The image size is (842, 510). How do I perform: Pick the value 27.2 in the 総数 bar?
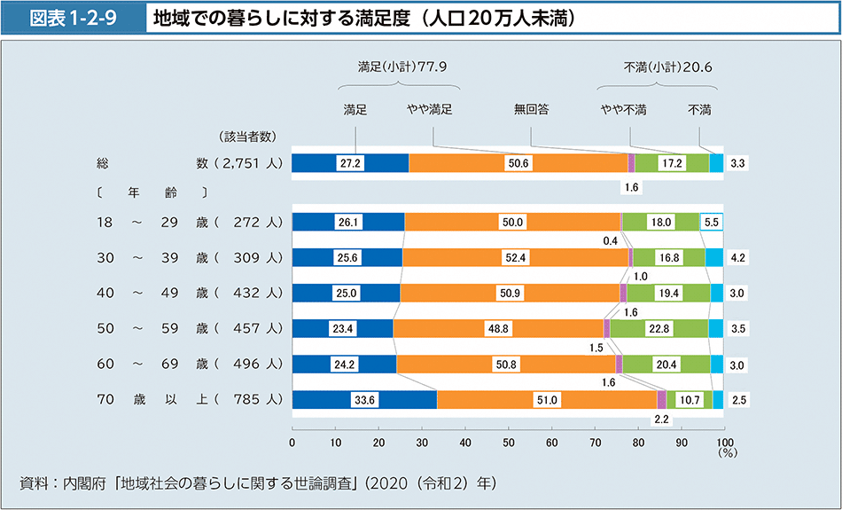351,163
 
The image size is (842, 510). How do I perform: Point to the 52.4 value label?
515,258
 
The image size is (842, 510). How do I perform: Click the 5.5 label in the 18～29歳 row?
712,223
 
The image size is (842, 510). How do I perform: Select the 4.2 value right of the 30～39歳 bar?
737,258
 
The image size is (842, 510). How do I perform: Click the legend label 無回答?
531,110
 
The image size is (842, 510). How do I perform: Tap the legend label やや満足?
430,110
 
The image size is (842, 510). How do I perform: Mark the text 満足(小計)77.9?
401,66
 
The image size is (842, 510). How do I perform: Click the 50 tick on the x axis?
508,441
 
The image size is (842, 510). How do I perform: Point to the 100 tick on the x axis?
724,441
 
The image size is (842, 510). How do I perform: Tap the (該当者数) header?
248,137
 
